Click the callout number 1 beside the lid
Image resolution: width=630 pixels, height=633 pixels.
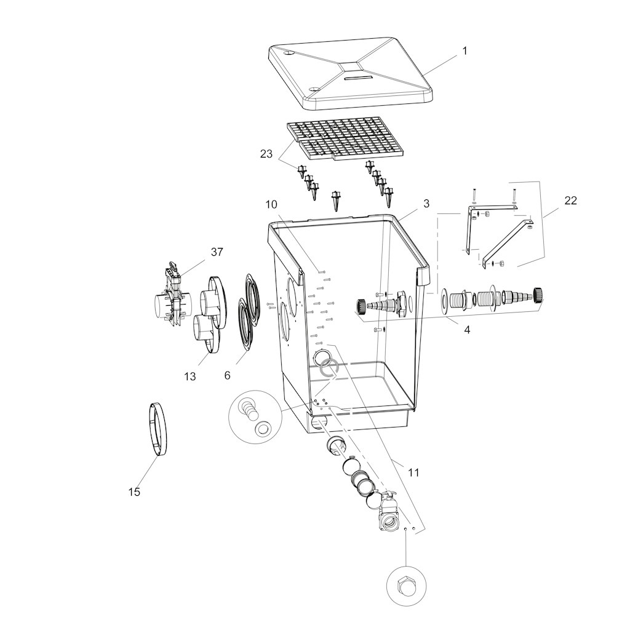coord(465,51)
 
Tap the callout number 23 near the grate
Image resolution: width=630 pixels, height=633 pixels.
coord(266,154)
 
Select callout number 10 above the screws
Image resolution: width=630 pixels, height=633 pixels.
coord(271,205)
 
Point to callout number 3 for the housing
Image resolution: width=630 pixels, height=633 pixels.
coord(426,204)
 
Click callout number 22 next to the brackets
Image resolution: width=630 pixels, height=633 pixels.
coord(570,200)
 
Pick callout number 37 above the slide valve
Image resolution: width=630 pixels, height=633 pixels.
coord(217,252)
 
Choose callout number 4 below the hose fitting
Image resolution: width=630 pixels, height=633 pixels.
coord(467,330)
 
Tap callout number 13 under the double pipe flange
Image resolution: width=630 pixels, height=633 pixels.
coord(190,376)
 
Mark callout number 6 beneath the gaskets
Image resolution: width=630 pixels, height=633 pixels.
coord(228,375)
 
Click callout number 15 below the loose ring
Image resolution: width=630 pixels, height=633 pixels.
coord(134,492)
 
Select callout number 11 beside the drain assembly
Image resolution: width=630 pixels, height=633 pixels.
coord(413,472)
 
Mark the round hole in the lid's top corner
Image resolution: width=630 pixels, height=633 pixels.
coord(288,54)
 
